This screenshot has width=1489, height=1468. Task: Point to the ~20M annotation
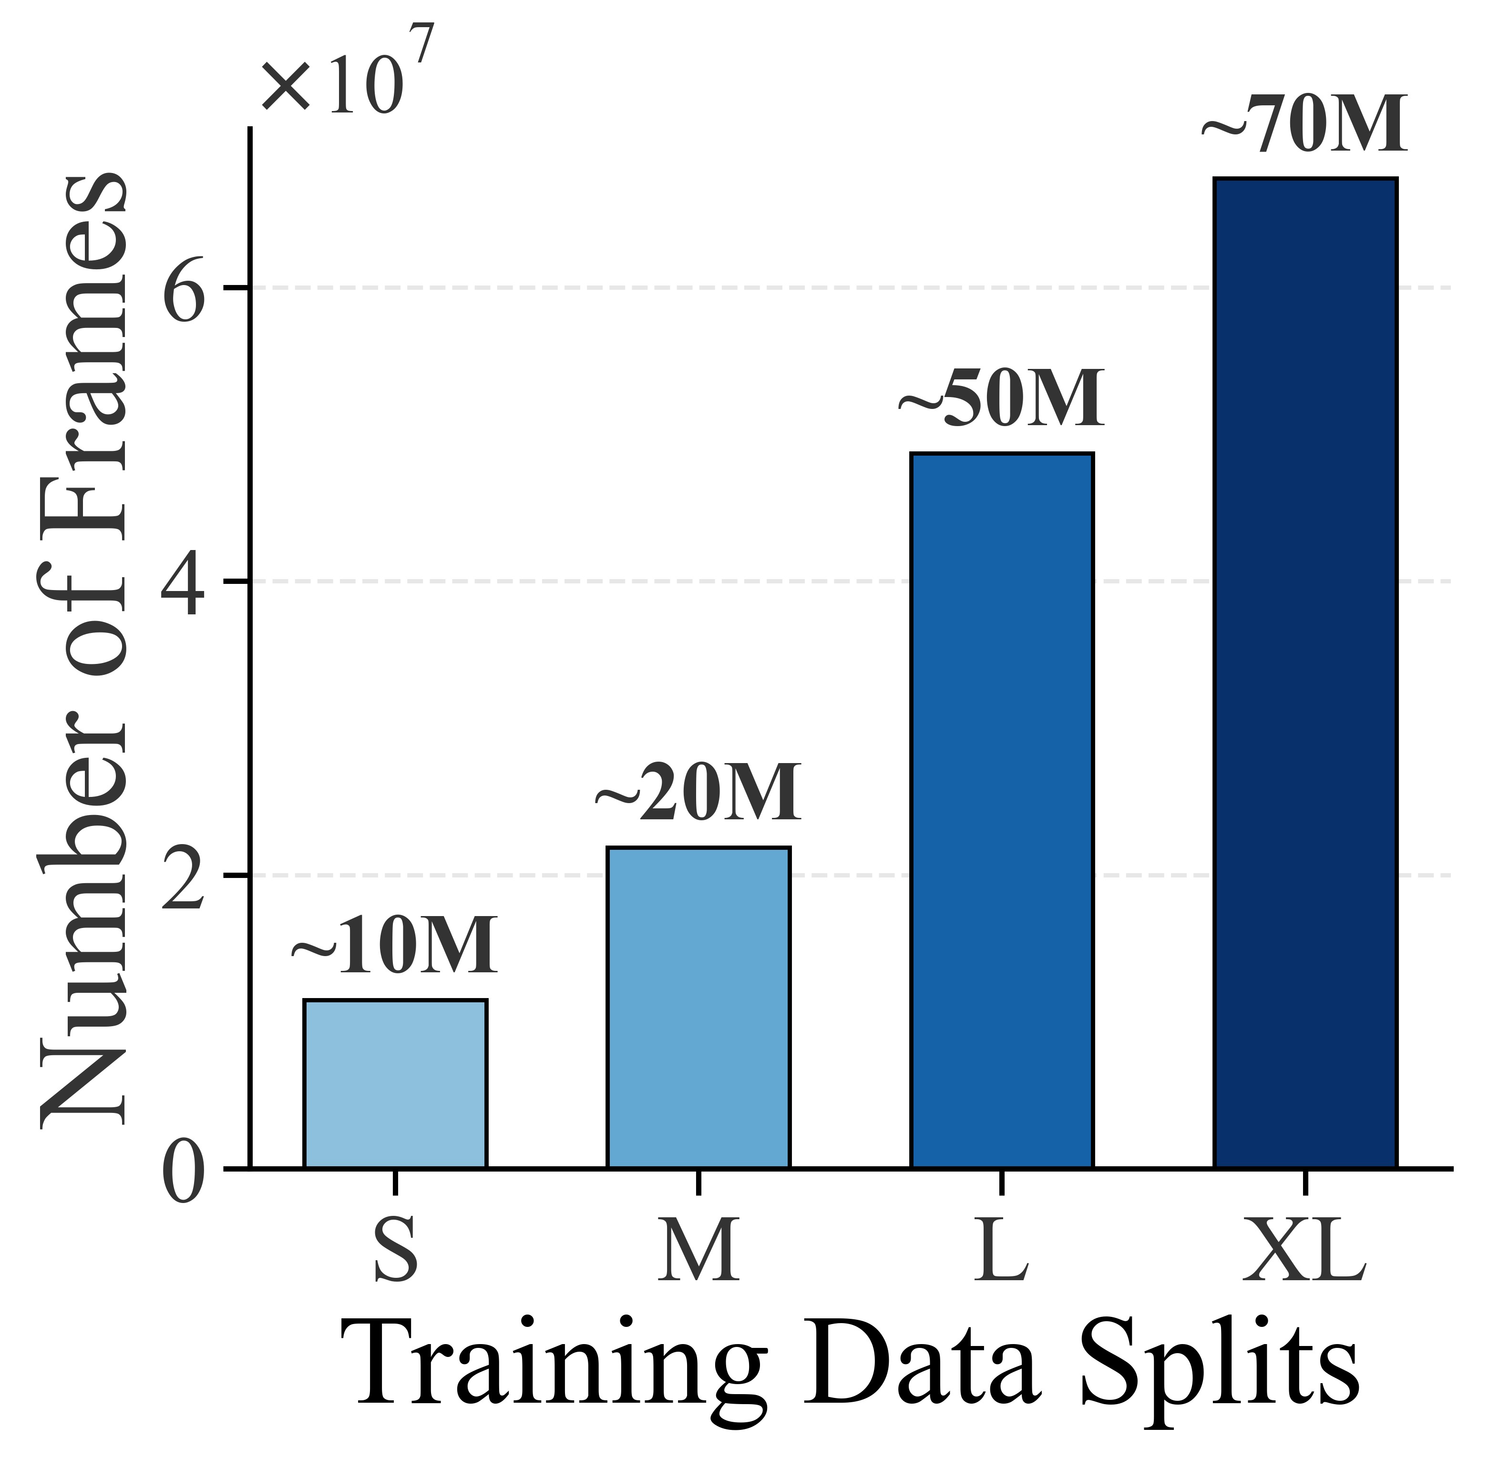click(x=699, y=795)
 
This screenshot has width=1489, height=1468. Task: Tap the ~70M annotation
click(x=1305, y=126)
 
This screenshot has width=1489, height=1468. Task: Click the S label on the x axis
click(x=395, y=1249)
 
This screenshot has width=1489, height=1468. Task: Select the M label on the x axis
click(x=699, y=1249)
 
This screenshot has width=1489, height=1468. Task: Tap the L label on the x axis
click(x=1002, y=1249)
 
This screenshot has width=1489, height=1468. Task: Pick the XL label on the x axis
click(x=1305, y=1249)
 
